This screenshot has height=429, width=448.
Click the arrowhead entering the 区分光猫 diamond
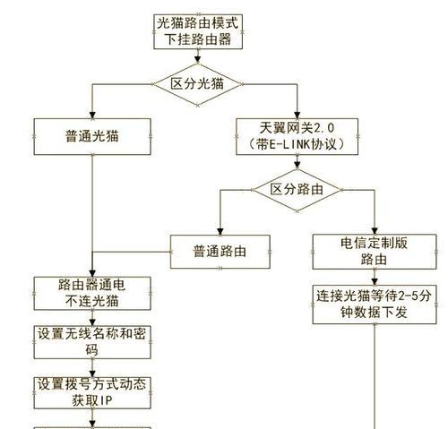click(x=197, y=60)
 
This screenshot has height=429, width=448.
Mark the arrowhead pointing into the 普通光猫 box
click(x=92, y=115)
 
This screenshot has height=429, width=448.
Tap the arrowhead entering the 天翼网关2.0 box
click(x=297, y=115)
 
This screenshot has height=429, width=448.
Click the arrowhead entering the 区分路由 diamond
click(x=297, y=166)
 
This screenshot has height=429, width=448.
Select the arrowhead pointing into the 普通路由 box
click(x=220, y=232)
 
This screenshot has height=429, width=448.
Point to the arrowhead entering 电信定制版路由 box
click(x=375, y=231)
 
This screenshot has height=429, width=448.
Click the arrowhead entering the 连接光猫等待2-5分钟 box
click(x=375, y=282)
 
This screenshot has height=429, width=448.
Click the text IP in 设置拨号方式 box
click(x=106, y=401)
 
